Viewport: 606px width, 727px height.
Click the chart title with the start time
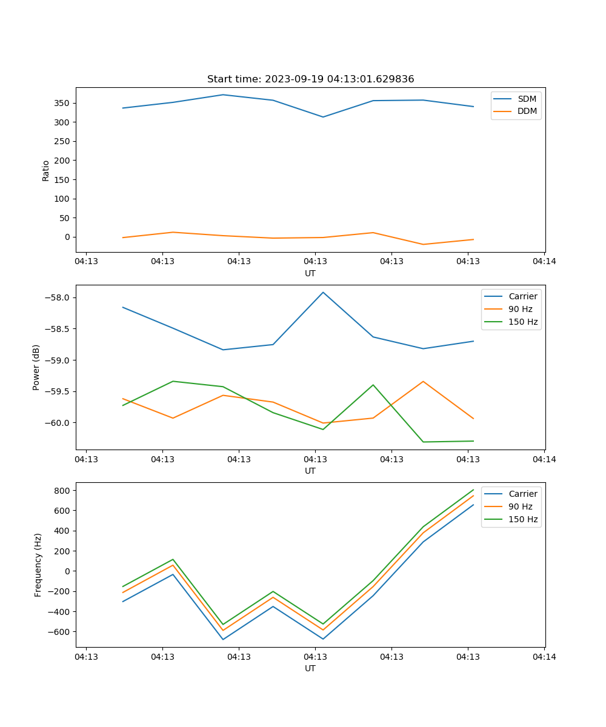pos(310,79)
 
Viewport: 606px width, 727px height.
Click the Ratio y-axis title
pos(46,170)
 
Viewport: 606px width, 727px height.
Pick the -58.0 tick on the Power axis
pos(60,297)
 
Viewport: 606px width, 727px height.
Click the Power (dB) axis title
pos(36,367)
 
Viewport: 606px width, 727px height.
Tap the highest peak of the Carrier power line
pos(323,292)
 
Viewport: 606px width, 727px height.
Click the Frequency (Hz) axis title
pos(38,565)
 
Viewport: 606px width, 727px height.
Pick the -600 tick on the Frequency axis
pos(63,631)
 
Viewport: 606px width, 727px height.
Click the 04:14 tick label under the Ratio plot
pos(544,262)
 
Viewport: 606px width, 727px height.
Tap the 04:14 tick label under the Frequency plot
pos(544,657)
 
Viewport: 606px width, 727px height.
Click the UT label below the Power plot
pos(310,471)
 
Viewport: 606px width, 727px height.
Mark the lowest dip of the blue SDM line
pos(323,117)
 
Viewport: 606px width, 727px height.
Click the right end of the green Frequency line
pos(473,490)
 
